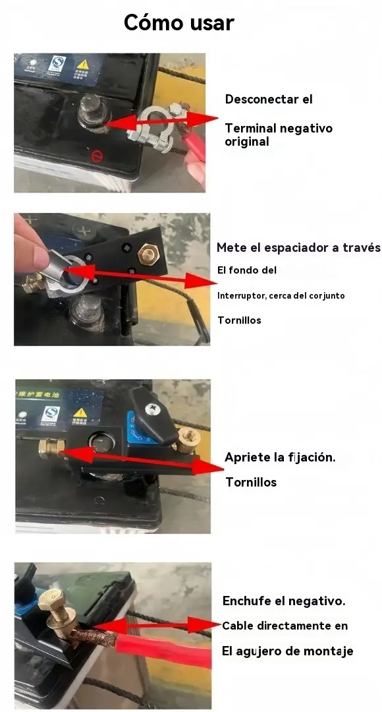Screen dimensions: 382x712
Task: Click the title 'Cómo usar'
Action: point(179,22)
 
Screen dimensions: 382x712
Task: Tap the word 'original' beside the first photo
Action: point(247,142)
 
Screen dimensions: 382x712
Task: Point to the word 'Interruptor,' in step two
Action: point(241,296)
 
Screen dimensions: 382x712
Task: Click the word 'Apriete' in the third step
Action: point(248,458)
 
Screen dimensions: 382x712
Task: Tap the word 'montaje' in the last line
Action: point(328,651)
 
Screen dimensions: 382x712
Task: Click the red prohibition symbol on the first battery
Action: point(97,157)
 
